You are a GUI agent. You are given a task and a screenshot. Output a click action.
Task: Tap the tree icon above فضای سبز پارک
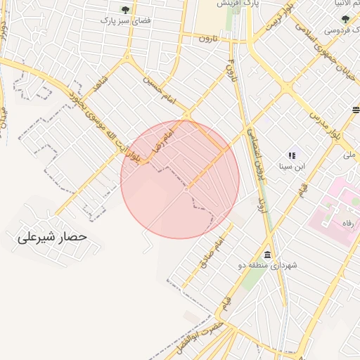coord(125,10)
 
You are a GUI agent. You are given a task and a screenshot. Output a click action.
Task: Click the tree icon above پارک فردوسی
coord(345,19)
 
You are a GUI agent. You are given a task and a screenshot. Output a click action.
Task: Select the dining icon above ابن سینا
coord(292,155)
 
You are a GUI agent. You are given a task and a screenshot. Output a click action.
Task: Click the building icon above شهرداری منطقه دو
coord(267,254)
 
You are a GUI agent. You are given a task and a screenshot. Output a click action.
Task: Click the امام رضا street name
coord(162,139)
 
